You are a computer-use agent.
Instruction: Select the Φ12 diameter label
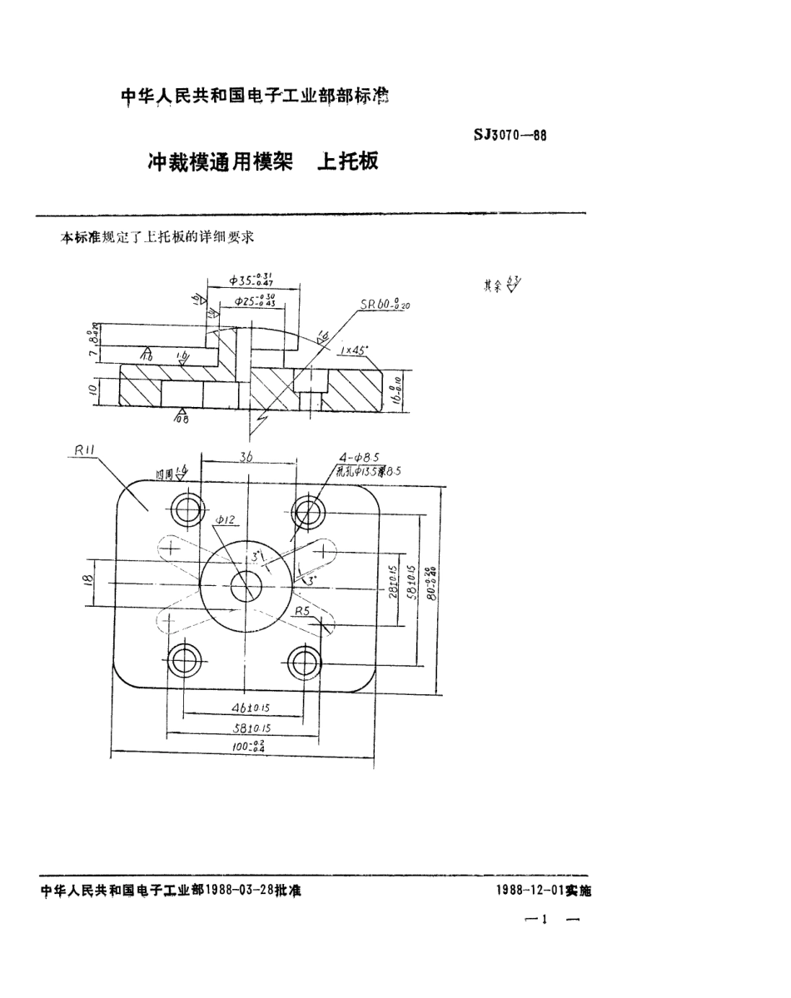[226, 520]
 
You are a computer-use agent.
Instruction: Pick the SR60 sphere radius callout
[385, 305]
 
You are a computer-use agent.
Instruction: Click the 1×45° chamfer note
[356, 350]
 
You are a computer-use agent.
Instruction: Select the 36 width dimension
[247, 456]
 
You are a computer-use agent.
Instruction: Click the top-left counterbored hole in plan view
[185, 509]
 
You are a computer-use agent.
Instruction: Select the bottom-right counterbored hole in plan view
[305, 662]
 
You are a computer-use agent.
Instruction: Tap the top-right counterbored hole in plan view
[308, 509]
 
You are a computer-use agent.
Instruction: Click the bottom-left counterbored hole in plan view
[182, 663]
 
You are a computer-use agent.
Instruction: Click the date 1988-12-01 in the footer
[530, 890]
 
